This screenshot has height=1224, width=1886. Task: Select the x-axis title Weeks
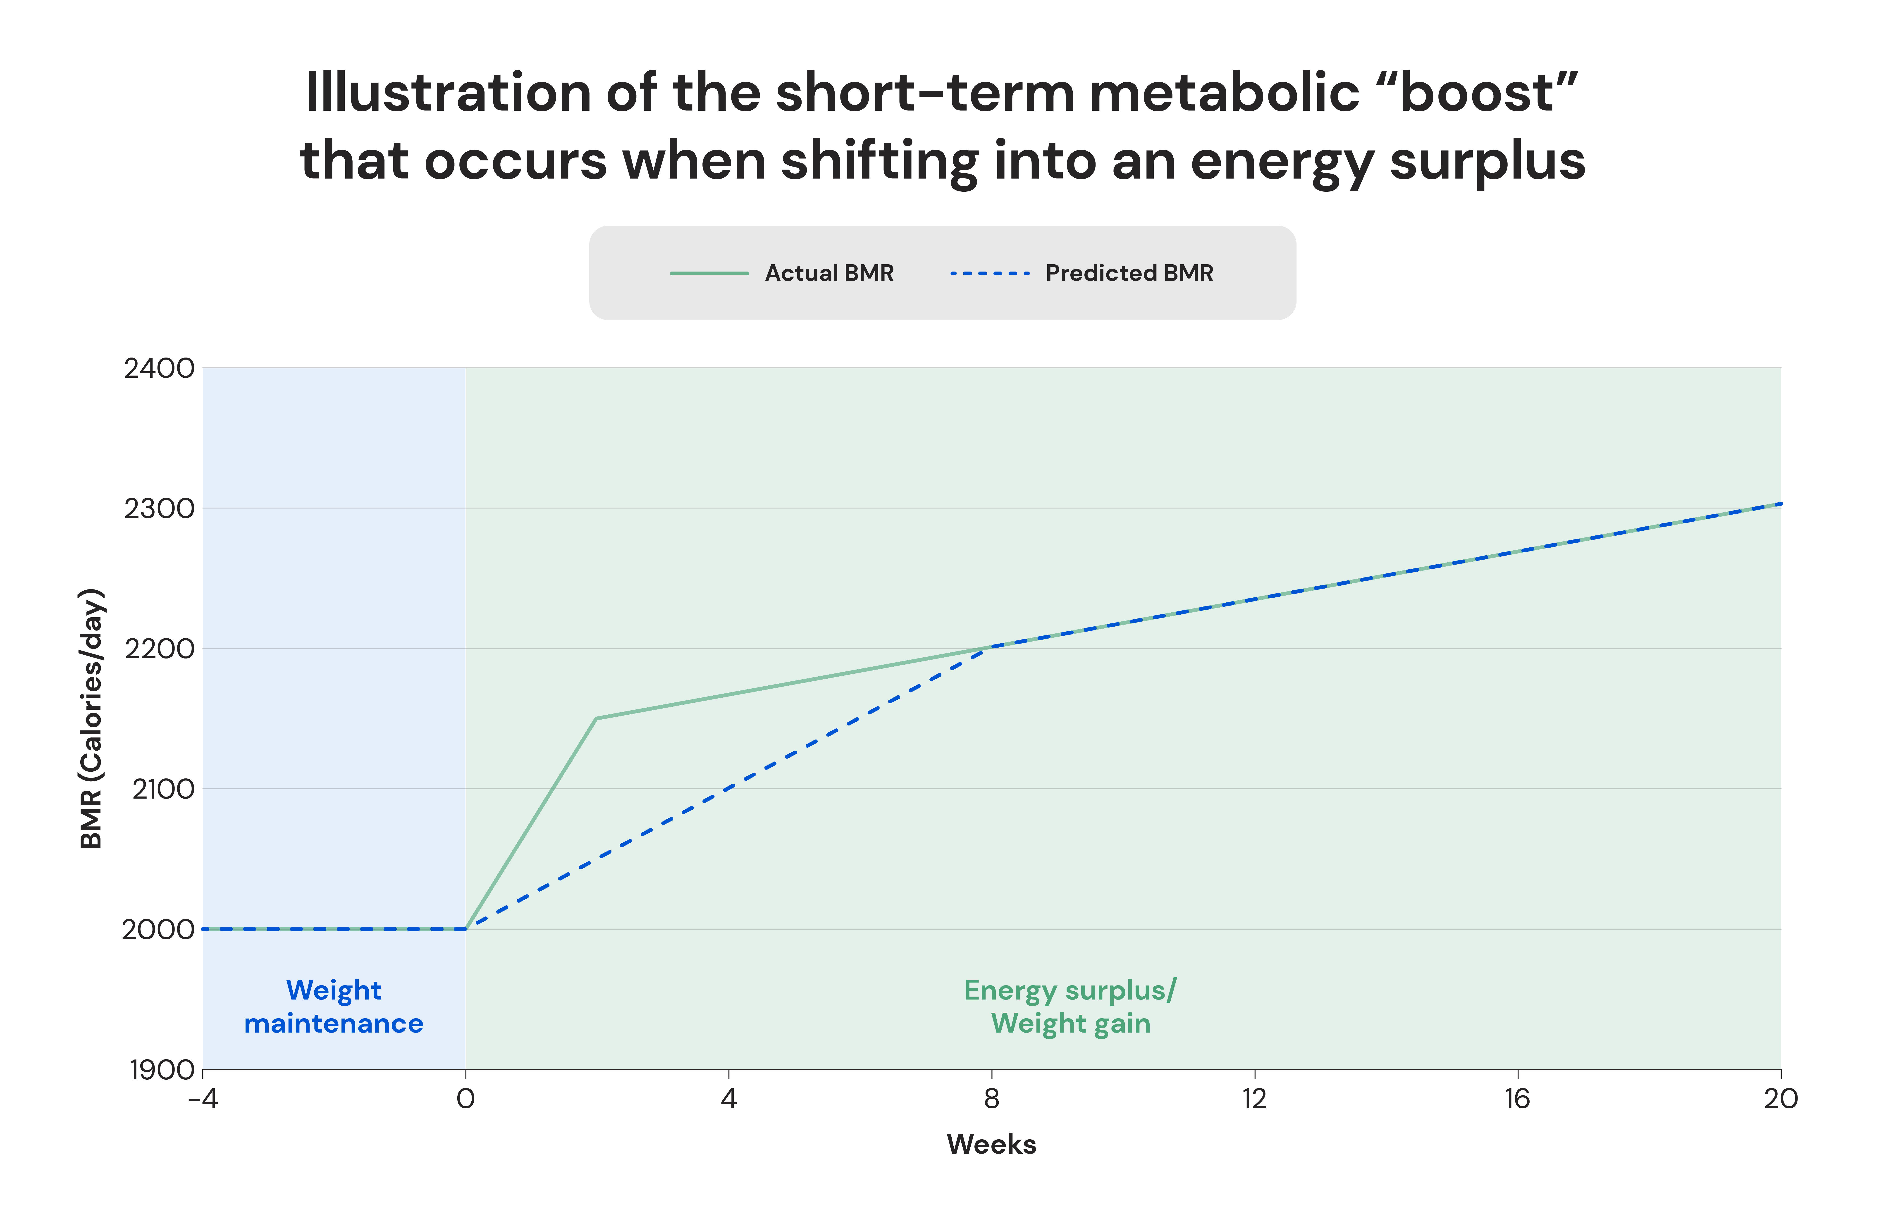pyautogui.click(x=991, y=1145)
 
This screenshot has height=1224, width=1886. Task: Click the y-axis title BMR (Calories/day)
pyautogui.click(x=92, y=718)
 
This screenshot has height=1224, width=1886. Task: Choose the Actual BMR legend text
pyautogui.click(x=829, y=273)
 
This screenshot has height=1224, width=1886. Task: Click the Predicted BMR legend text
pyautogui.click(x=1129, y=273)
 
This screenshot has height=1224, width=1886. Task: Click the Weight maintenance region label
pyautogui.click(x=334, y=1007)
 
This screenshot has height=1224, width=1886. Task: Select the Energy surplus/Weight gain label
pyautogui.click(x=1071, y=1007)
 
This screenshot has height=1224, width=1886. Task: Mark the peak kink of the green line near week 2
pyautogui.click(x=596, y=718)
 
